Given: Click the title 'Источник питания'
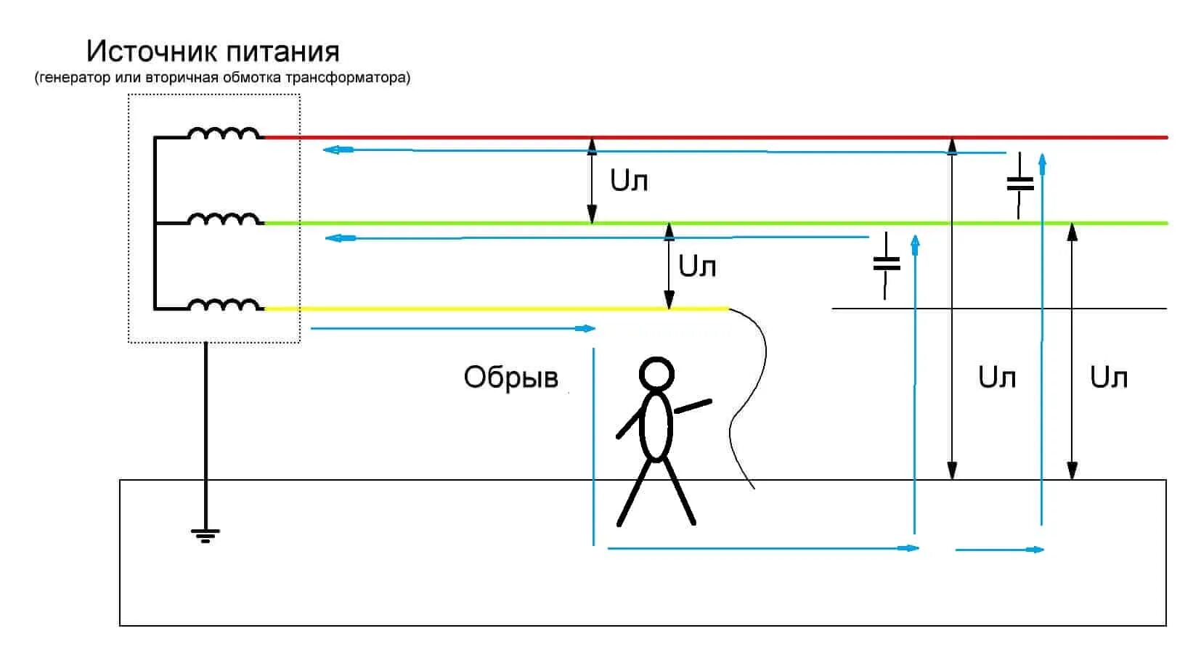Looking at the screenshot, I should click(x=213, y=52).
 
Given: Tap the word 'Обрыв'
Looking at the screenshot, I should click(x=511, y=378).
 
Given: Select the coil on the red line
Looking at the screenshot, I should click(x=224, y=134).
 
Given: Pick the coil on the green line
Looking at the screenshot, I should click(x=224, y=219).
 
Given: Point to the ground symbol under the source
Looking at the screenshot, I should click(x=205, y=536).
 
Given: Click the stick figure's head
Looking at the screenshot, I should click(x=656, y=375).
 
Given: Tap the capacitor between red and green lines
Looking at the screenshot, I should click(x=1020, y=184).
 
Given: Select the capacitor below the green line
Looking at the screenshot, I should click(x=886, y=263).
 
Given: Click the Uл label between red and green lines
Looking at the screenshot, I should click(x=629, y=181).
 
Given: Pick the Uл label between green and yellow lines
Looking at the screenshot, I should click(x=697, y=266).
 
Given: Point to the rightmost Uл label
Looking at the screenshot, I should click(x=1109, y=378).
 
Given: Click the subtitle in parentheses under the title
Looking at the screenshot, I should click(x=222, y=78).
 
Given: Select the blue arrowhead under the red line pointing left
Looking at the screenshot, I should click(x=331, y=150).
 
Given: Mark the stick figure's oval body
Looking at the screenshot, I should click(x=656, y=427).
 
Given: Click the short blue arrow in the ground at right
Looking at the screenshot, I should click(x=999, y=550).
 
